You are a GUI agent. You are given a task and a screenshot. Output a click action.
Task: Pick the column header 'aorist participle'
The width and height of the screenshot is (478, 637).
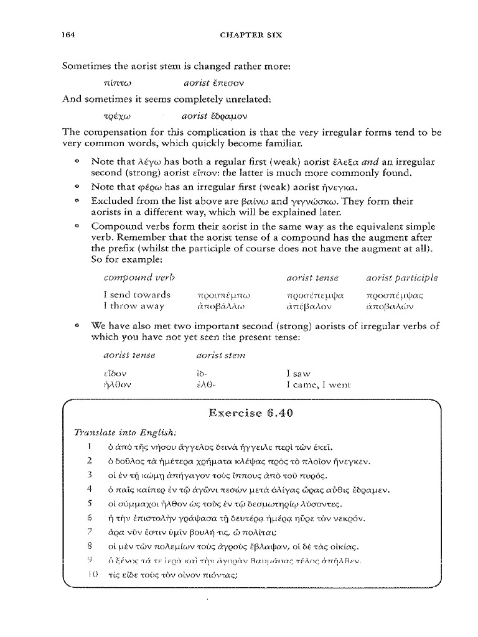tap(402, 277)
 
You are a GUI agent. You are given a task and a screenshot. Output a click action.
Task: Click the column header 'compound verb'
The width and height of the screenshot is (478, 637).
tap(139, 277)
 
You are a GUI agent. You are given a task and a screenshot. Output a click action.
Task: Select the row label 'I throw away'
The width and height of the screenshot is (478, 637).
tap(134, 305)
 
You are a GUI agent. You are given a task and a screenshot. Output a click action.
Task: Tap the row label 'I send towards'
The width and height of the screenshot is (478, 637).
tap(136, 294)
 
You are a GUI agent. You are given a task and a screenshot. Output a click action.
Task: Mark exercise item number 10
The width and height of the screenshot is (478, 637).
tap(91, 575)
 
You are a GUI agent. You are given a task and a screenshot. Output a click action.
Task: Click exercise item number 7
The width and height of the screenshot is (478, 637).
tap(90, 532)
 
